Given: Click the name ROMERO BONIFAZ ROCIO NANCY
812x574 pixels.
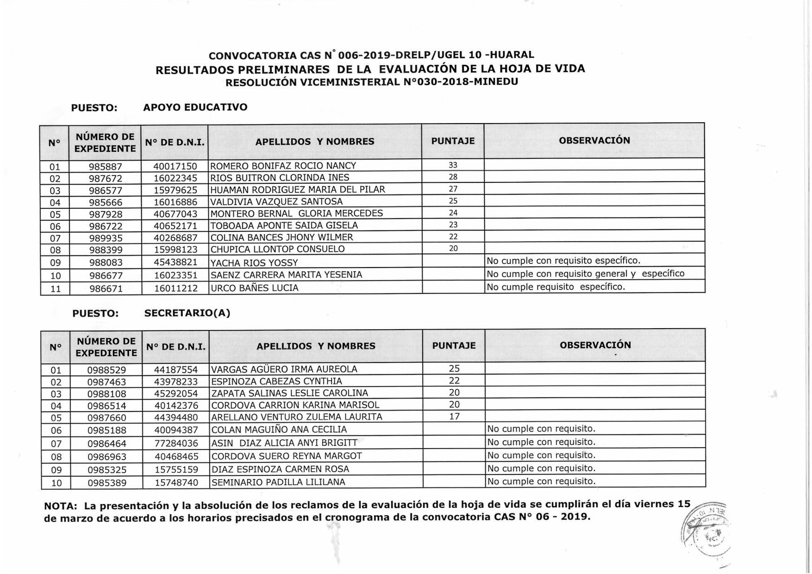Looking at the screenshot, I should (x=283, y=166).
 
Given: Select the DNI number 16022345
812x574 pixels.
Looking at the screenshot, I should (x=175, y=178).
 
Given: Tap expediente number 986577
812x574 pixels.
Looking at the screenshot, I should (x=106, y=190).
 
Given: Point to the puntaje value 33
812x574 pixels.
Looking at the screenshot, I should (x=453, y=165).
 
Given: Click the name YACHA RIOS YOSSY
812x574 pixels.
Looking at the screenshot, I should (x=254, y=263).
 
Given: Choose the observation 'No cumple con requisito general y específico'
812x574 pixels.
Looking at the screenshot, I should (x=585, y=274).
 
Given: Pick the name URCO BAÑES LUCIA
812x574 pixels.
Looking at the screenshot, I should (x=254, y=288).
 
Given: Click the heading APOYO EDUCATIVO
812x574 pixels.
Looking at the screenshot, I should (x=195, y=107).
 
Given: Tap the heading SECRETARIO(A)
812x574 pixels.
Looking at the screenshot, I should (x=187, y=313).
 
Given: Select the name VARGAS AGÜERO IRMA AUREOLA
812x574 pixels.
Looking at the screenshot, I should (x=284, y=369).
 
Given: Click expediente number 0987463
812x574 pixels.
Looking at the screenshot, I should (x=106, y=382).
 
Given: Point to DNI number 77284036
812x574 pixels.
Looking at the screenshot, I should (x=176, y=443).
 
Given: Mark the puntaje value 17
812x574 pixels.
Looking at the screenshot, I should (x=454, y=417).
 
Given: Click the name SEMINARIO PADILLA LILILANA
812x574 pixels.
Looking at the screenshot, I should (x=278, y=482).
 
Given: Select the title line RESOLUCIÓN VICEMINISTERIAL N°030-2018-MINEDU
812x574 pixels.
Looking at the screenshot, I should (x=372, y=82).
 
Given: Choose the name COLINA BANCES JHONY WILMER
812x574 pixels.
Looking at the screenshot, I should (x=281, y=237).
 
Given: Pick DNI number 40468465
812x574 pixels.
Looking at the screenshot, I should (x=176, y=456).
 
